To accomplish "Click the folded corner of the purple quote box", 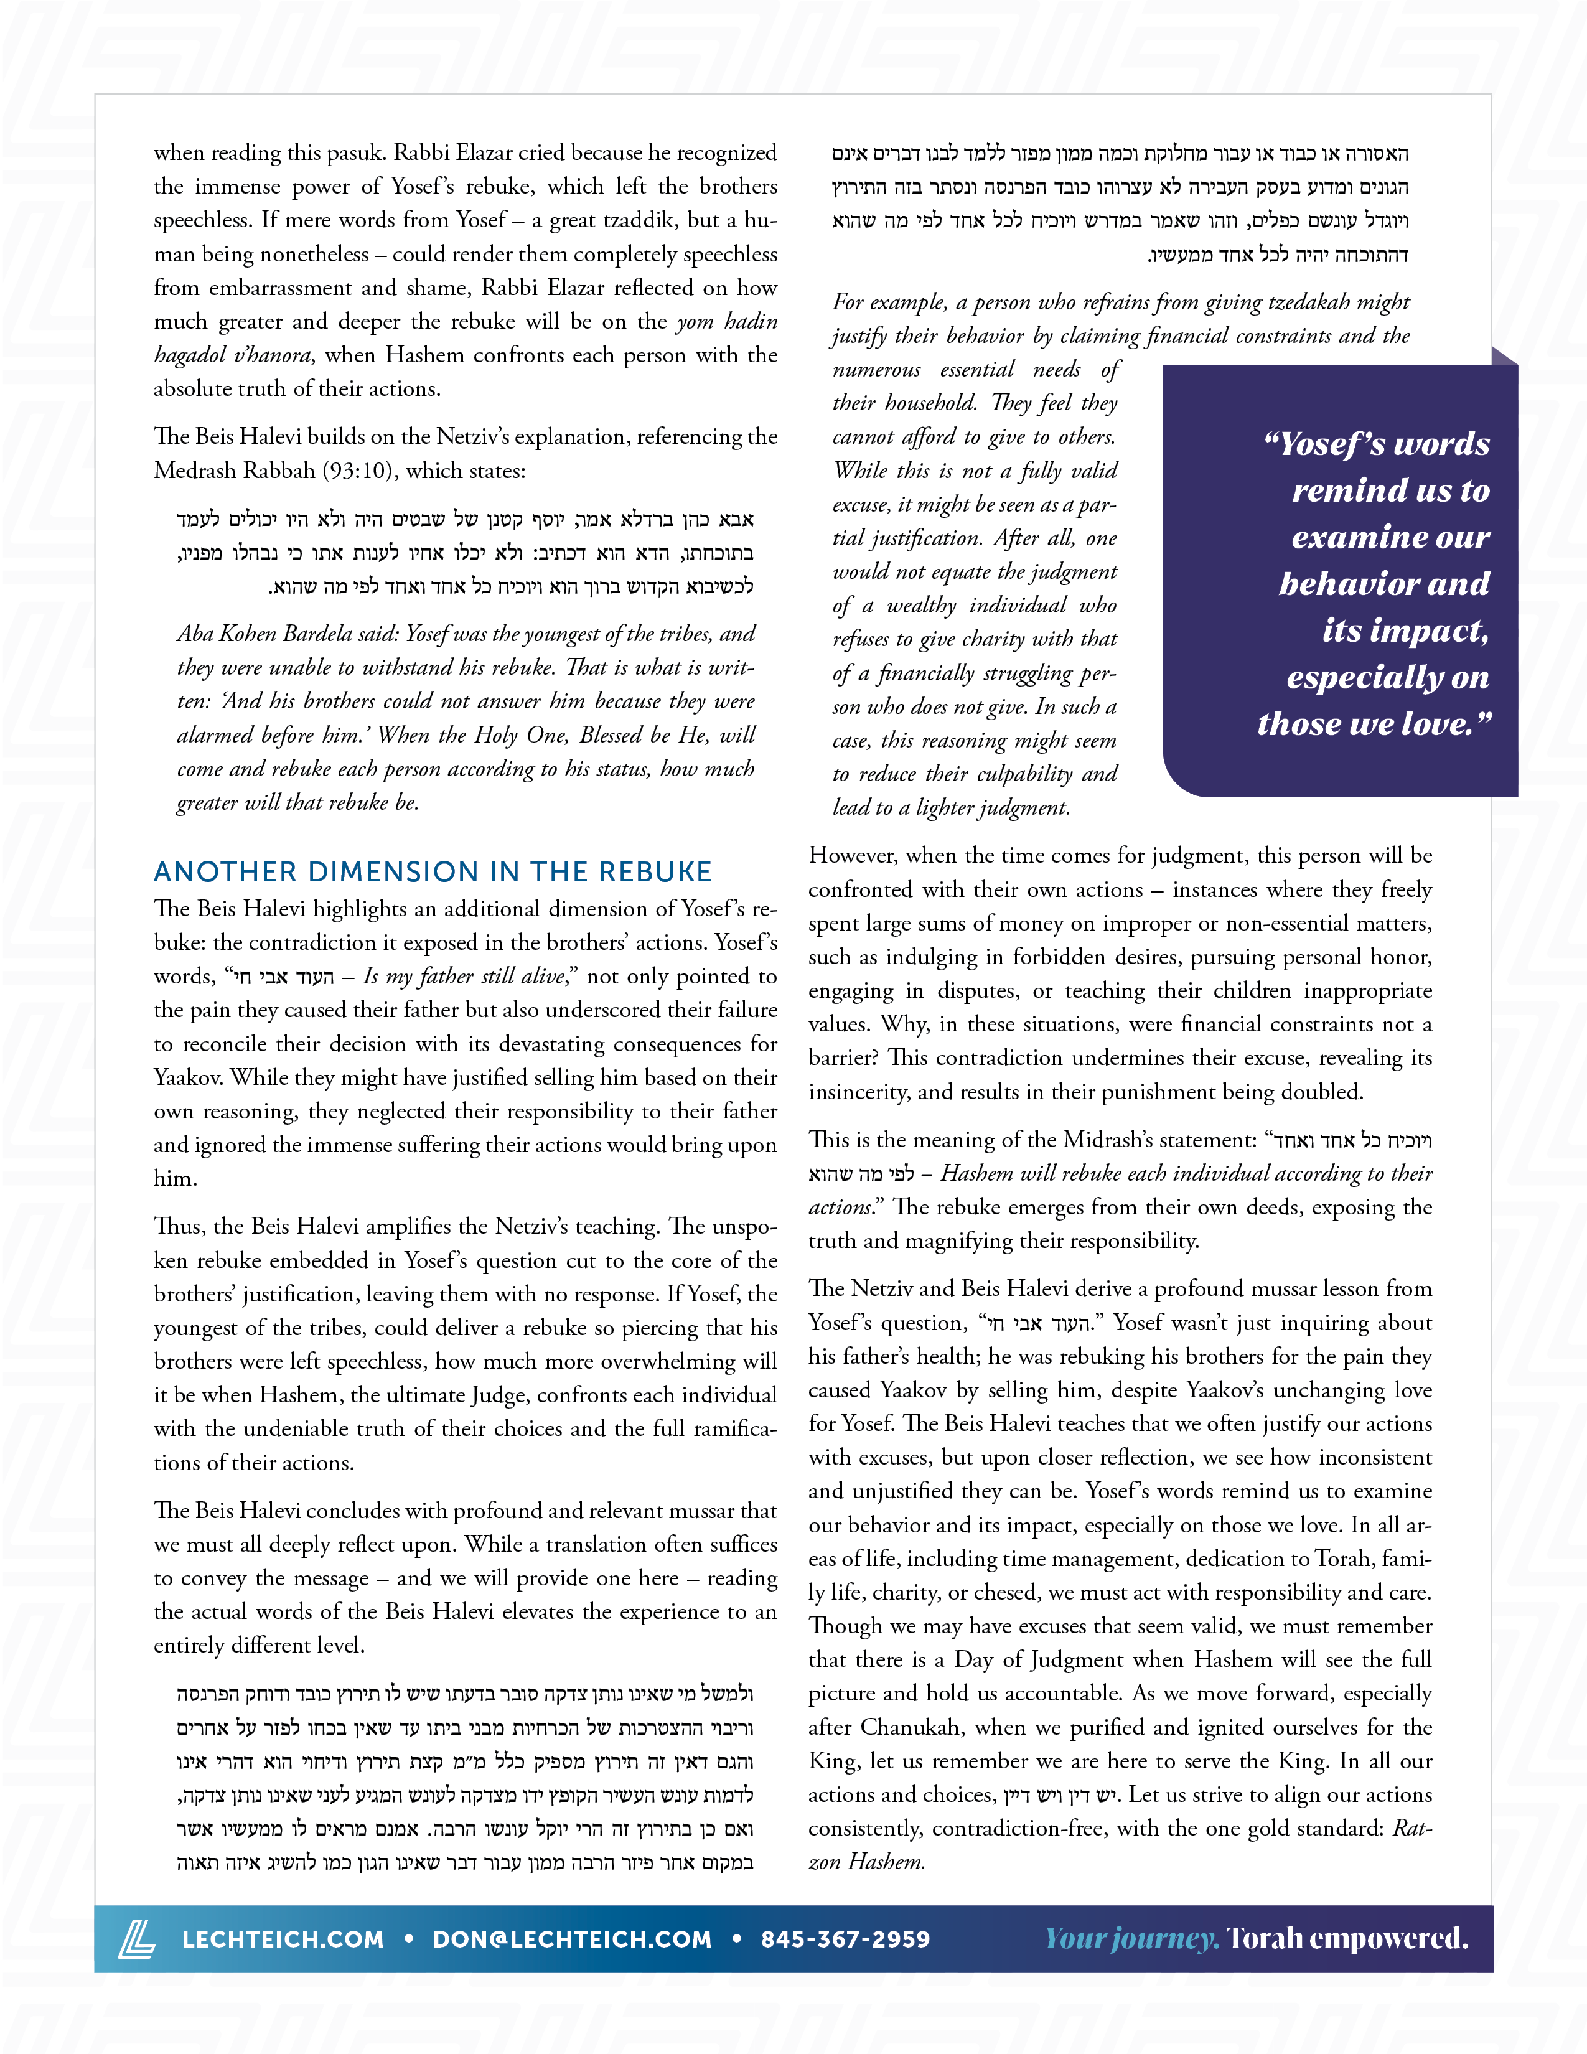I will [x=1504, y=355].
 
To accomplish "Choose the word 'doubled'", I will [x=1327, y=1092].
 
